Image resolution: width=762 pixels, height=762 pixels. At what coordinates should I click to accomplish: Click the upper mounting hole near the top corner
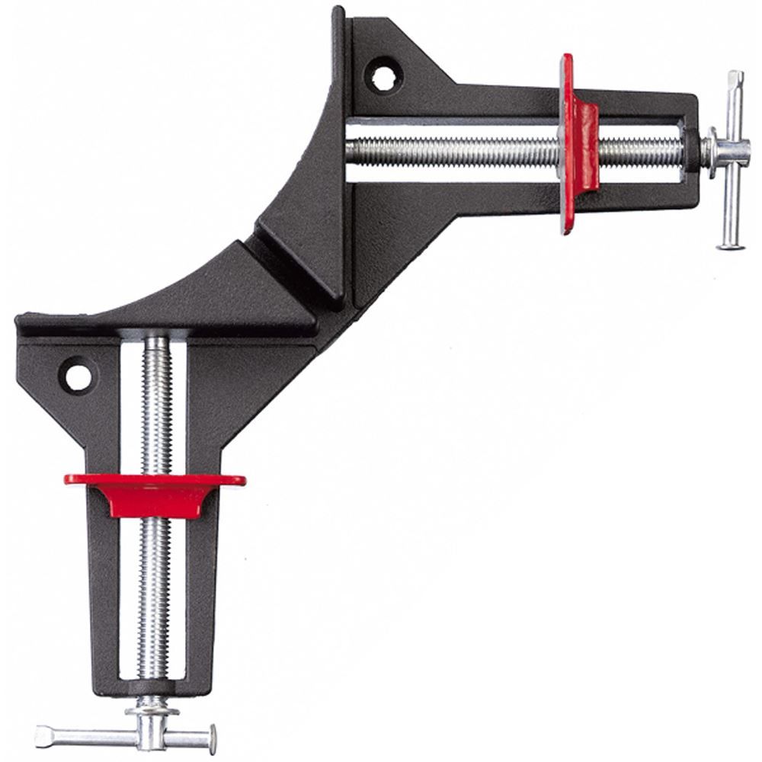pyautogui.click(x=378, y=73)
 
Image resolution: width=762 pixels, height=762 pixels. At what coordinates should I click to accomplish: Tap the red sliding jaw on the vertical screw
pyautogui.click(x=152, y=491)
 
